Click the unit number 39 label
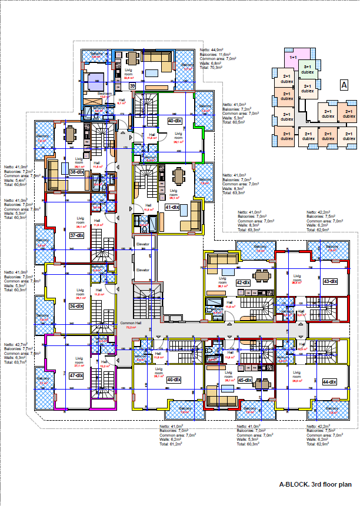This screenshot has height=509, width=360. pyautogui.click(x=132, y=86)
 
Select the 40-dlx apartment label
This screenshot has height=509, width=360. pyautogui.click(x=174, y=121)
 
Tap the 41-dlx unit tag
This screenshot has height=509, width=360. pyautogui.click(x=172, y=207)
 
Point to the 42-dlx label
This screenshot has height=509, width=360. pyautogui.click(x=244, y=282)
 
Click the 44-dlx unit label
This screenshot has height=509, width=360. pyautogui.click(x=329, y=382)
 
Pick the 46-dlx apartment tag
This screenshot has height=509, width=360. pyautogui.click(x=172, y=380)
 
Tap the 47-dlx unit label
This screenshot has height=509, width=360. pyautogui.click(x=76, y=375)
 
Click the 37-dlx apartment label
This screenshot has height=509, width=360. pyautogui.click(x=76, y=235)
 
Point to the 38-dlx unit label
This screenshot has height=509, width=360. pyautogui.click(x=76, y=172)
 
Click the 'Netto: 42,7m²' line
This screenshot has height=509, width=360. pyautogui.click(x=16, y=344)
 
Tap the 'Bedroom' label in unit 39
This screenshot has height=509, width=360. pyautogui.click(x=105, y=93)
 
